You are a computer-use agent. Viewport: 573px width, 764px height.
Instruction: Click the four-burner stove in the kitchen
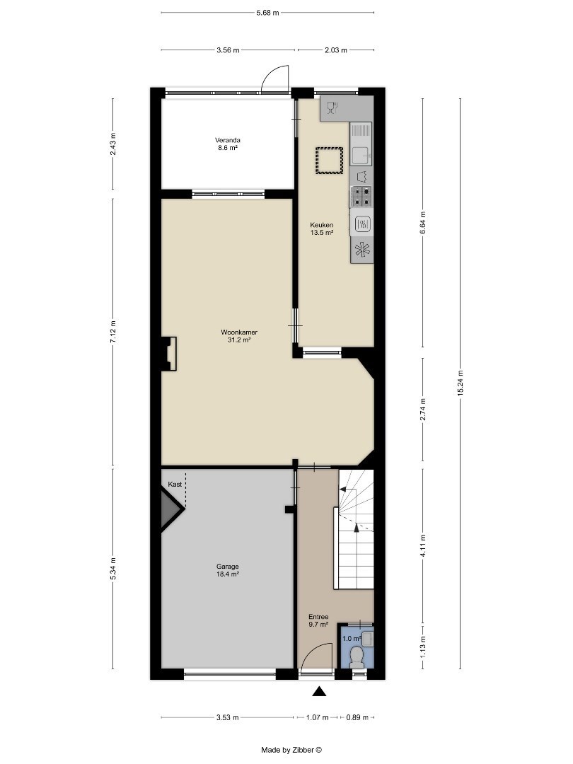pos(361,197)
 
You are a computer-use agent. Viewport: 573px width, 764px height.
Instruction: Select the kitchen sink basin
pos(361,155)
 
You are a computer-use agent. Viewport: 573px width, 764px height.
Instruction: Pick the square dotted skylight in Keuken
pos(330,161)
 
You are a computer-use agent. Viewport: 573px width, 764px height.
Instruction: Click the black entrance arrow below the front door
pos(319,691)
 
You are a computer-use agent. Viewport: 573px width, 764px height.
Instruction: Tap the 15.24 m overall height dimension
pos(460,383)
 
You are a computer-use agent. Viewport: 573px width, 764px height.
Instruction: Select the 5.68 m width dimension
pos(267,13)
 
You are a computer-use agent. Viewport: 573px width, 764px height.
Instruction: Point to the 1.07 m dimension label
pos(317,717)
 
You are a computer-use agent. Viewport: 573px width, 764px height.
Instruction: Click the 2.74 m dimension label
pos(423,409)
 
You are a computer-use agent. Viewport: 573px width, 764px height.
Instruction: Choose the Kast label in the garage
pos(175,485)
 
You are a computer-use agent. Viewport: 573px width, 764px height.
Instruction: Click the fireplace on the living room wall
pos(169,354)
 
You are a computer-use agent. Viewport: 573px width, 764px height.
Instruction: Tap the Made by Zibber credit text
pos(291,751)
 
